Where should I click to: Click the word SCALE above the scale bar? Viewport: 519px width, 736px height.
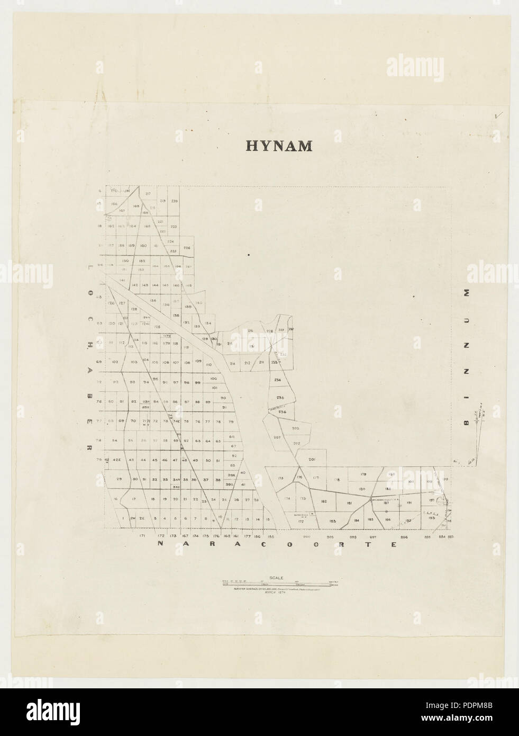pyautogui.click(x=277, y=578)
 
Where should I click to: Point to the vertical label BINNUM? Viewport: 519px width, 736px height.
pyautogui.click(x=466, y=357)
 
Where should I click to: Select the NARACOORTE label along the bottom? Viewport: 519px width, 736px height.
pyautogui.click(x=277, y=544)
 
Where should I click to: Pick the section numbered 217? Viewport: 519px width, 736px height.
pyautogui.click(x=148, y=194)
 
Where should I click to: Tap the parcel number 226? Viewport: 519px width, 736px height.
pyautogui.click(x=186, y=248)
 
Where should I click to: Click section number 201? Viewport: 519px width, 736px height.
pyautogui.click(x=312, y=460)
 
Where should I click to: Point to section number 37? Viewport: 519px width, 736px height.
pyautogui.click(x=206, y=480)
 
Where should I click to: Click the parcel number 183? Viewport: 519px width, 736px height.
pyautogui.click(x=333, y=522)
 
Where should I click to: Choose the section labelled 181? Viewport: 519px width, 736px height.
pyautogui.click(x=349, y=503)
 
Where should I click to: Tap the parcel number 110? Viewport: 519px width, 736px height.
pyautogui.click(x=208, y=365)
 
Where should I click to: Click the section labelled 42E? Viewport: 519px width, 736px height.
pyautogui.click(x=117, y=460)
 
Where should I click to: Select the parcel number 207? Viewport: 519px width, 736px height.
pyautogui.click(x=277, y=437)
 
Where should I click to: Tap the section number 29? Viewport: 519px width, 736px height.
pyautogui.click(x=119, y=479)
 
